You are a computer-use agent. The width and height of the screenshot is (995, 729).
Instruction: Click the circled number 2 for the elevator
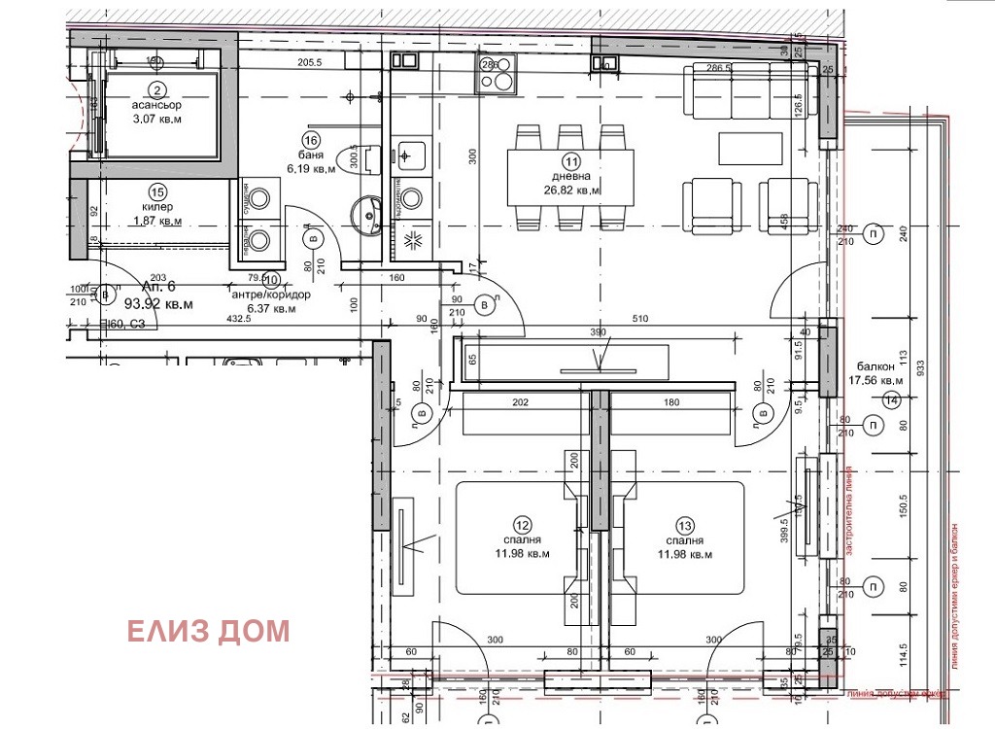click(x=152, y=87)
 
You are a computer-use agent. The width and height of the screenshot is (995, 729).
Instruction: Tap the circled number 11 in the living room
click(x=571, y=161)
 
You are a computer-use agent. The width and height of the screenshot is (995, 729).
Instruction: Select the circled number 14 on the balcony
click(x=893, y=399)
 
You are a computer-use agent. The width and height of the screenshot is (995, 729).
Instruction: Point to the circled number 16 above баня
click(x=312, y=140)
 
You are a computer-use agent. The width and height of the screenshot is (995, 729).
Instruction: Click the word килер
click(x=156, y=207)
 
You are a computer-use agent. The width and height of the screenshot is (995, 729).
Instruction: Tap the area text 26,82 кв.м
click(x=570, y=191)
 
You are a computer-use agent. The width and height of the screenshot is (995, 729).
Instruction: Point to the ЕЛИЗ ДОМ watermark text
click(x=209, y=632)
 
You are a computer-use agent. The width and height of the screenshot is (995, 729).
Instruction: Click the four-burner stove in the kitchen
click(x=496, y=74)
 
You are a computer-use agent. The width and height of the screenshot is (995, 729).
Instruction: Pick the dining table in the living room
click(x=570, y=177)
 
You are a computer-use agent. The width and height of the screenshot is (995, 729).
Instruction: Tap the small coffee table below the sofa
click(x=750, y=148)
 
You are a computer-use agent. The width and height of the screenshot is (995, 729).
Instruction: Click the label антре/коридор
click(x=270, y=295)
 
